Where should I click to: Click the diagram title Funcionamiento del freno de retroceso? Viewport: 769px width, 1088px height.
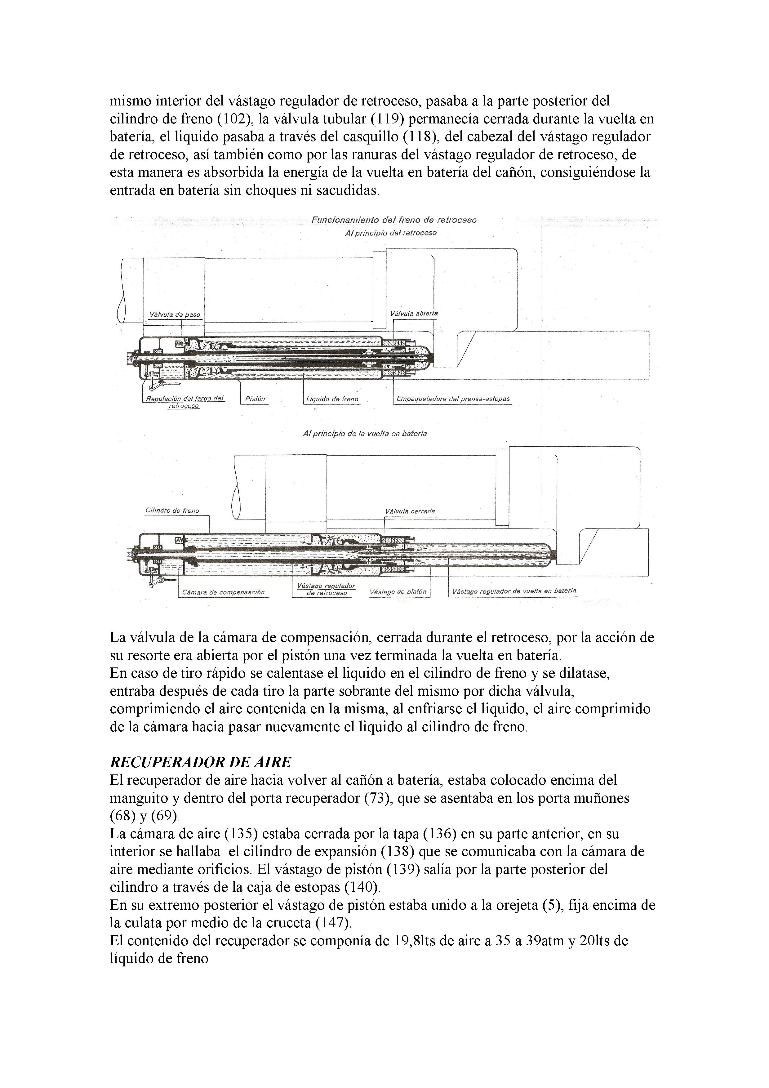click(x=394, y=220)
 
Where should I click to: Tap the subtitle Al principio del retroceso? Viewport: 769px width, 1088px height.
click(x=391, y=233)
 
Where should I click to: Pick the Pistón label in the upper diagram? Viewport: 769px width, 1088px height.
click(x=255, y=399)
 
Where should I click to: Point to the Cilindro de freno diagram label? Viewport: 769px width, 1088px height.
click(x=172, y=511)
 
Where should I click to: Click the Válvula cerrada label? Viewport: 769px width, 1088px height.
click(x=410, y=512)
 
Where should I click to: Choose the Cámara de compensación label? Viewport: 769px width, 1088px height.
click(x=223, y=592)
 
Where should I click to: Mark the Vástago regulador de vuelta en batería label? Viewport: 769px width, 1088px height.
click(x=514, y=591)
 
